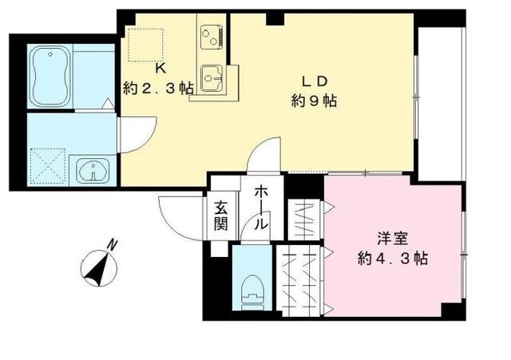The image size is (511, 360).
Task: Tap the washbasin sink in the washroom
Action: tap(93, 170)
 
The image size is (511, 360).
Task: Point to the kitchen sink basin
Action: tap(212, 77)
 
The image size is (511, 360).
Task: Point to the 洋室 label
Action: tap(392, 238)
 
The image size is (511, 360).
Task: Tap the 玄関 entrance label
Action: tap(221, 216)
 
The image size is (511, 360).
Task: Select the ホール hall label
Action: tap(261, 209)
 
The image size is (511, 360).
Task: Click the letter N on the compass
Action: tap(113, 245)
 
